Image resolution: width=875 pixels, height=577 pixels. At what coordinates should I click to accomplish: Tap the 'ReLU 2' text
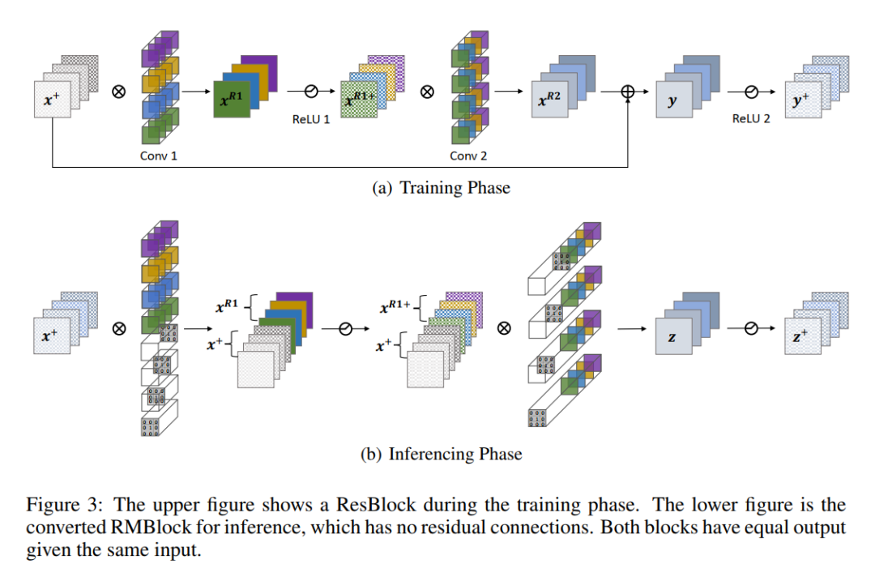click(x=751, y=119)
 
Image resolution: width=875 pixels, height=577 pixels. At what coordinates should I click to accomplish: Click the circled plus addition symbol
click(x=627, y=92)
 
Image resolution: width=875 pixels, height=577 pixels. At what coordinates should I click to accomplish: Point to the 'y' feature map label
click(x=671, y=104)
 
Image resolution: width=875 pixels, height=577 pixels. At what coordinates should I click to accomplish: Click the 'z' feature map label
click(x=672, y=338)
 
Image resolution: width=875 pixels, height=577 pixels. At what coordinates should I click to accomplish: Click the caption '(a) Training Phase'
click(x=442, y=188)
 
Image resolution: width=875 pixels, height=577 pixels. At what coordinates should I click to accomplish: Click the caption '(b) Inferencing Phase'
click(x=442, y=454)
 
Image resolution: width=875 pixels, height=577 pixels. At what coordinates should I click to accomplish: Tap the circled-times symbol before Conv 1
click(x=118, y=92)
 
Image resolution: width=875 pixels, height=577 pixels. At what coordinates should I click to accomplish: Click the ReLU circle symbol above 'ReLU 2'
click(x=750, y=92)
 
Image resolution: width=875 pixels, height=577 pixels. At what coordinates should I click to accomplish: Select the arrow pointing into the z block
click(x=633, y=329)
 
